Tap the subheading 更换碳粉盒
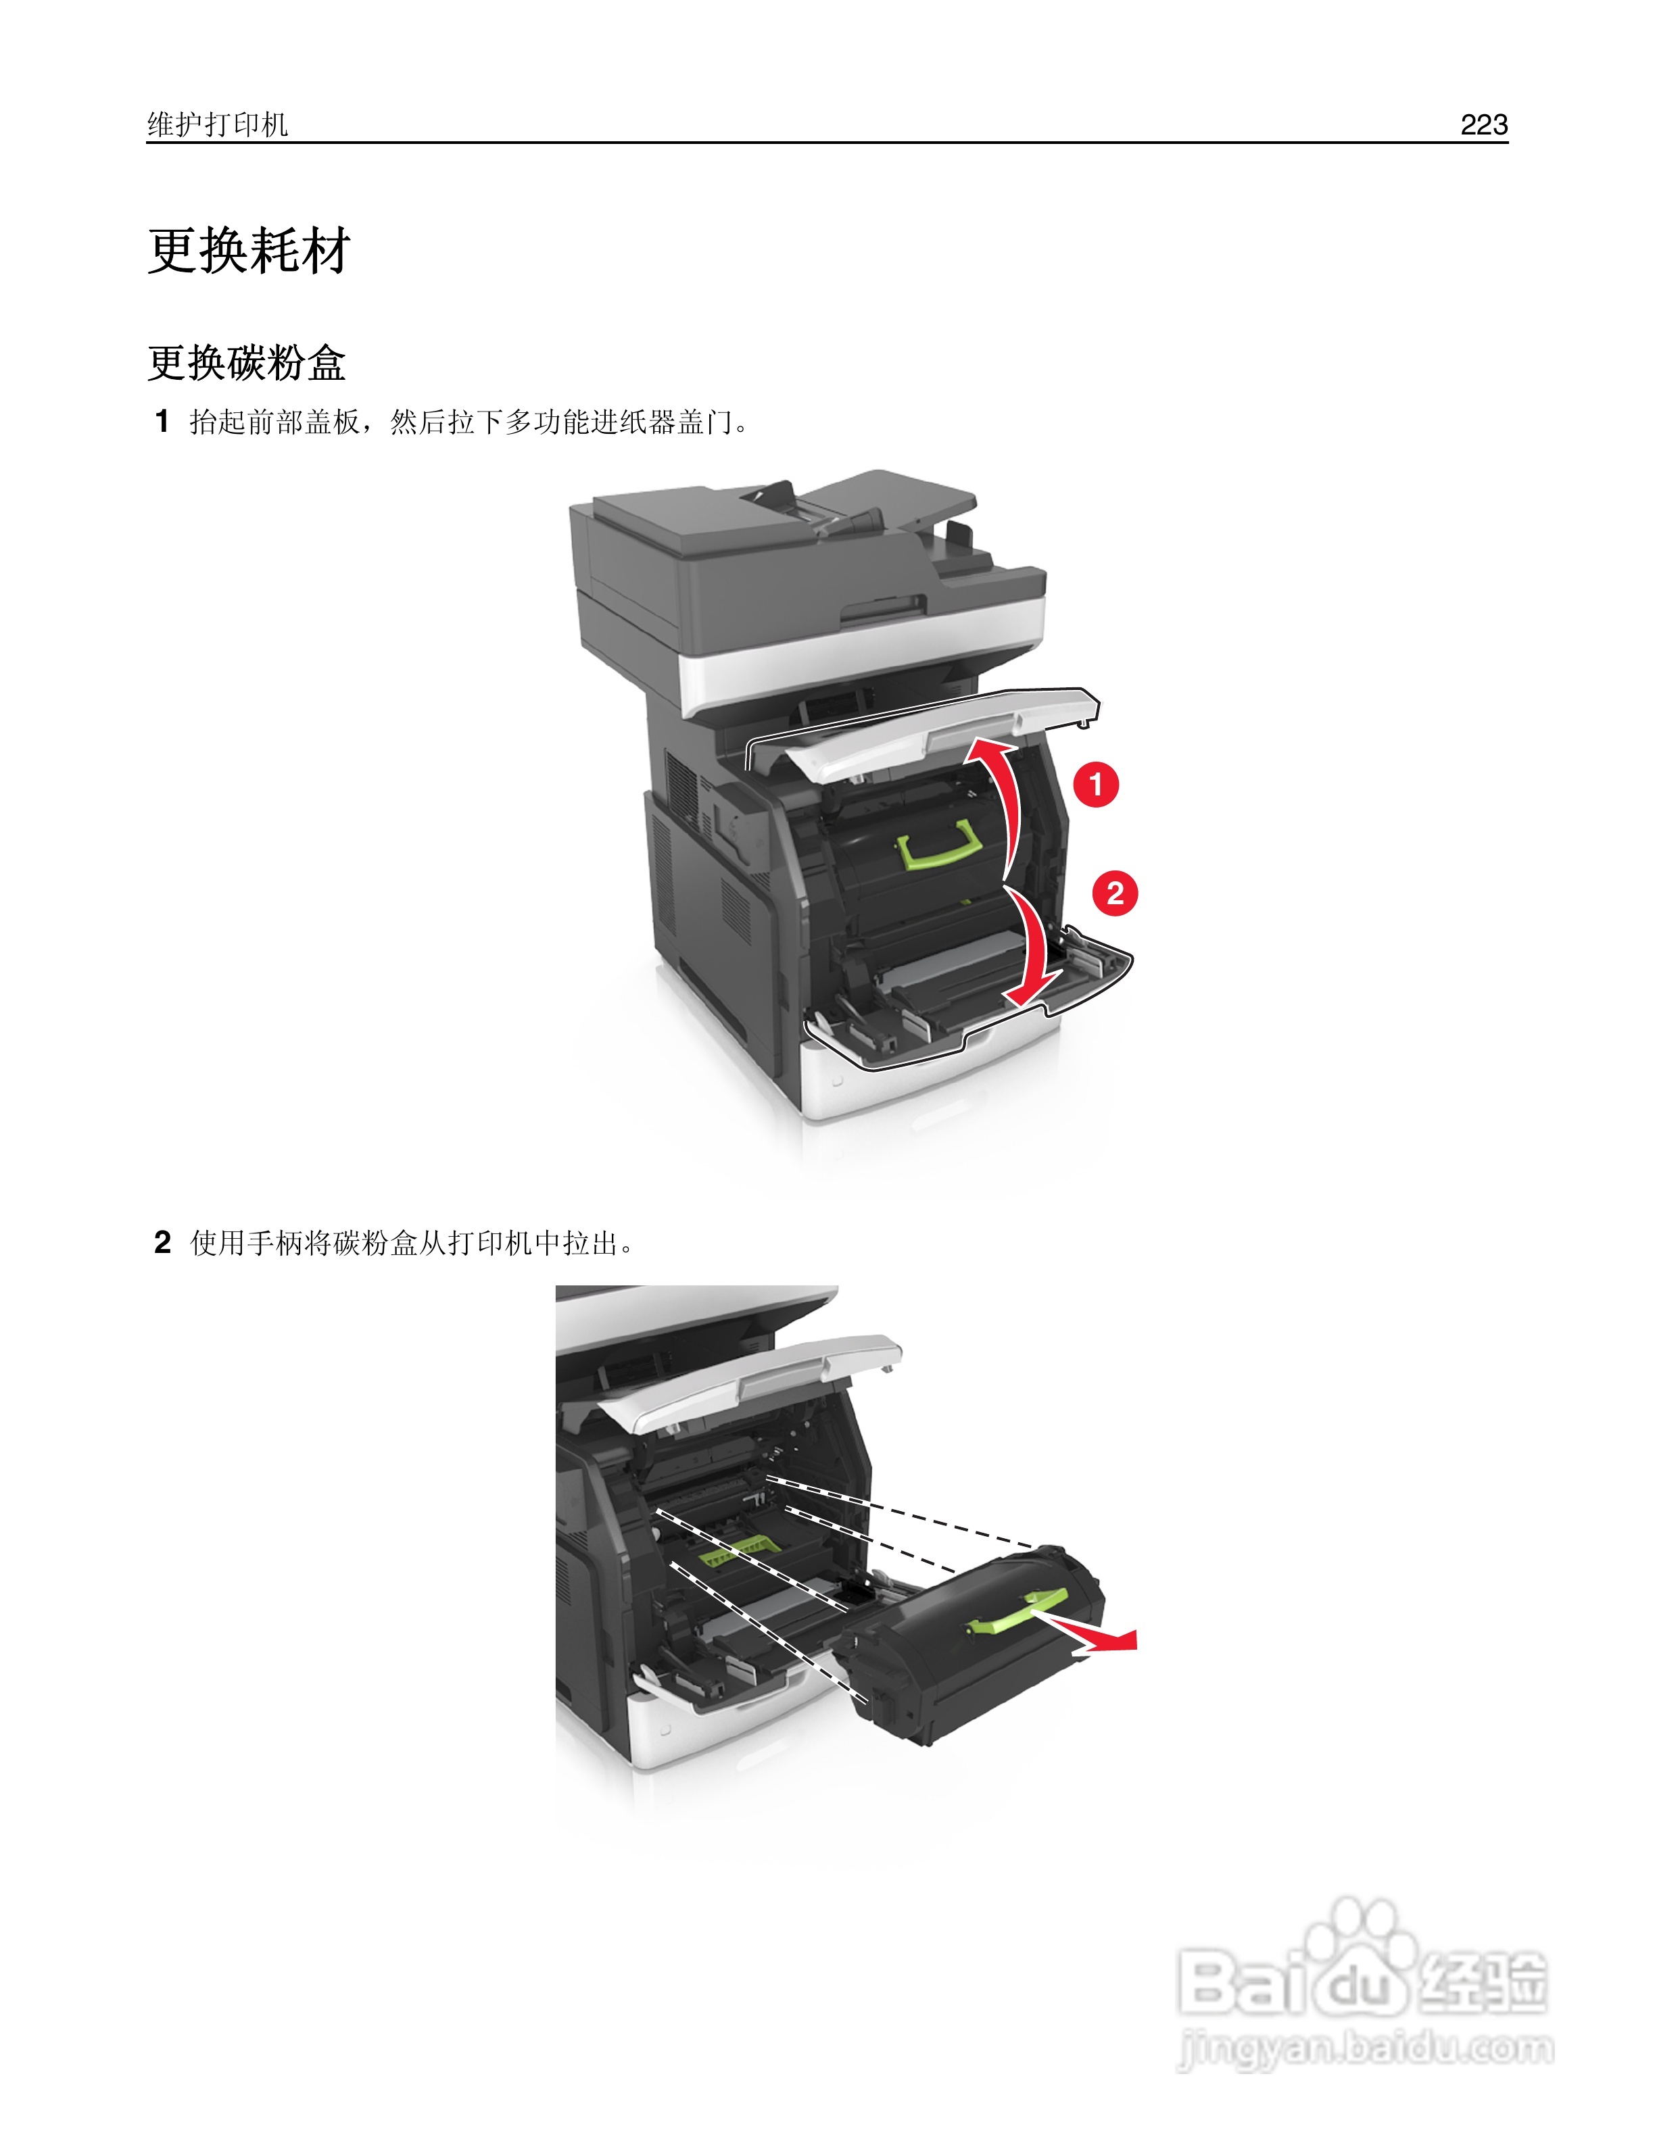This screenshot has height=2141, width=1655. (x=246, y=363)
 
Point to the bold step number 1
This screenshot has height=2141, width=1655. (x=163, y=422)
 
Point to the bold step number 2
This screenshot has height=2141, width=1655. (x=163, y=1243)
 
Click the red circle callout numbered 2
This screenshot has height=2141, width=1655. (x=1115, y=893)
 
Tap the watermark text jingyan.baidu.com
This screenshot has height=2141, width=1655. (x=1365, y=2049)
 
